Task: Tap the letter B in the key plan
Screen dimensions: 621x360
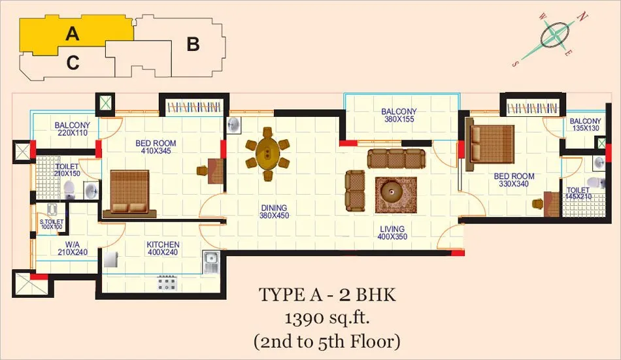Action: point(193,44)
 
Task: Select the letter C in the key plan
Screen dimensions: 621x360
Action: point(73,63)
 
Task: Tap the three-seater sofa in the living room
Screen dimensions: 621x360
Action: point(396,159)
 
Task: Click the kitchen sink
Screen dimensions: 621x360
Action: point(210,262)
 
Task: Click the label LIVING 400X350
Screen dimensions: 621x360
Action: point(392,233)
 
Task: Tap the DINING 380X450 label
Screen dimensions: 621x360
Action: point(274,212)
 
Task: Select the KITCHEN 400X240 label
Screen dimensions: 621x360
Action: point(163,248)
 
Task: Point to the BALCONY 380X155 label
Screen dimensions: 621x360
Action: point(399,115)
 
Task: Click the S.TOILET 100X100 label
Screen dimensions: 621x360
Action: point(52,225)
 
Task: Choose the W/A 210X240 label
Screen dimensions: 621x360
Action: point(73,248)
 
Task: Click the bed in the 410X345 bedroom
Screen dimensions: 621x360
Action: point(129,194)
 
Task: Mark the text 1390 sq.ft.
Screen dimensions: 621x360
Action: point(327,318)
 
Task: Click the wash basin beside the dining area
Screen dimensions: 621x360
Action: point(233,125)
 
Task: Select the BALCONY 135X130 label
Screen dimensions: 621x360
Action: point(585,124)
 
